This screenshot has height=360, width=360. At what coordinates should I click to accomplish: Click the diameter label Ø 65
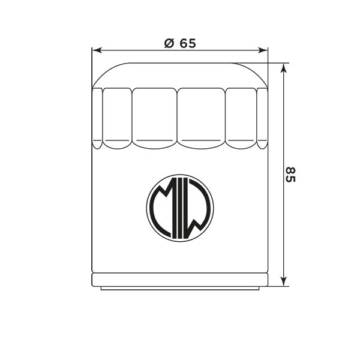click(180, 43)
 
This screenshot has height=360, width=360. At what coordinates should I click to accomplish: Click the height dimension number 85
click(290, 175)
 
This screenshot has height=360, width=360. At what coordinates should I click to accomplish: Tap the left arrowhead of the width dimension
click(97, 50)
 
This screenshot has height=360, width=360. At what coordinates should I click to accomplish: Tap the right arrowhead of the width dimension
click(263, 50)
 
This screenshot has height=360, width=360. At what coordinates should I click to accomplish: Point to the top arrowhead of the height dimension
click(284, 68)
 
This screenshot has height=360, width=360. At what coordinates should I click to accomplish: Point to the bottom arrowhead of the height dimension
click(284, 281)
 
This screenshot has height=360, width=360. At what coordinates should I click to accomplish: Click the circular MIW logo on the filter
click(180, 208)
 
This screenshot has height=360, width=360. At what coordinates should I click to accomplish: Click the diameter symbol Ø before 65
click(169, 43)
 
